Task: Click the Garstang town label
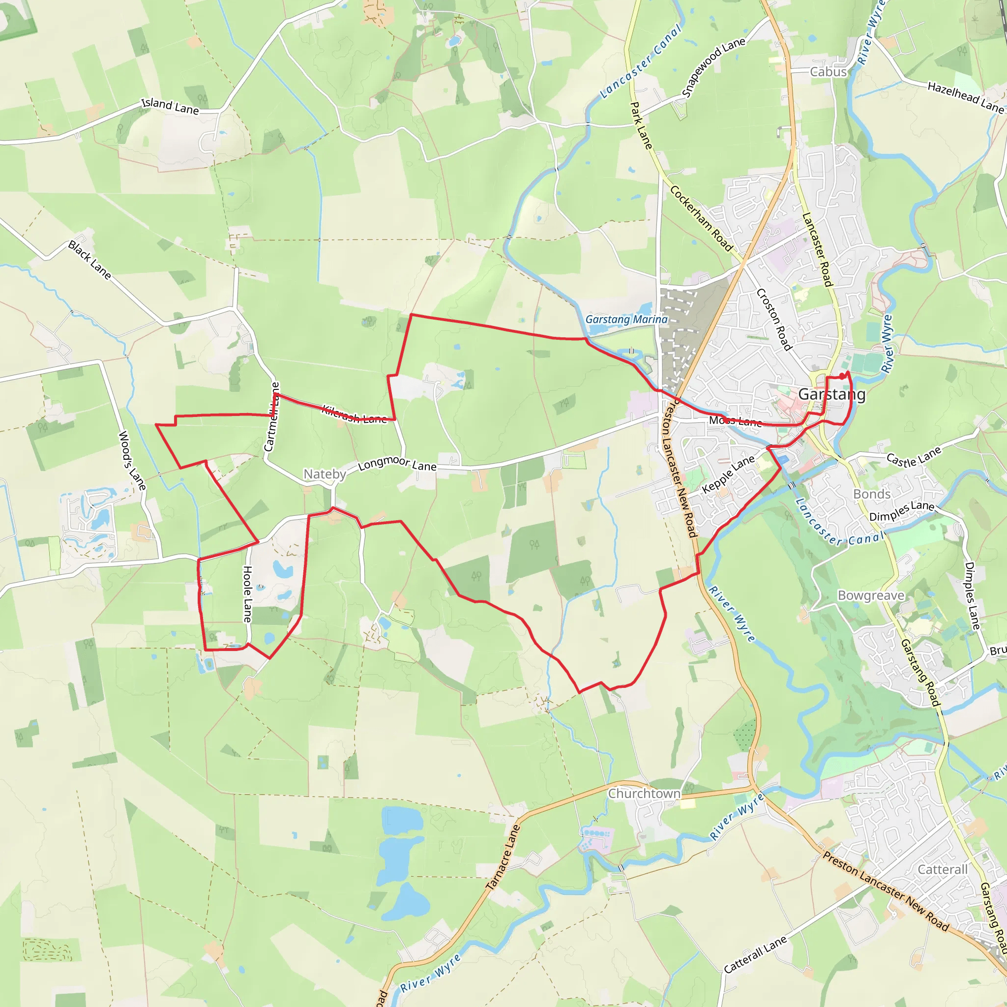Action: [x=831, y=394]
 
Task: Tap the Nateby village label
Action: [x=325, y=474]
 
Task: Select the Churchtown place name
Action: [x=644, y=793]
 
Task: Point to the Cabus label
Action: [x=828, y=72]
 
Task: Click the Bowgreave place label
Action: [x=871, y=595]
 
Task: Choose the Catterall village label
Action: [x=943, y=869]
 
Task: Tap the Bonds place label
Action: [x=871, y=494]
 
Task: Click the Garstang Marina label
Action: [x=626, y=320]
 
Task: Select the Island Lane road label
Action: [x=171, y=106]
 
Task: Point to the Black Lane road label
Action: [x=89, y=260]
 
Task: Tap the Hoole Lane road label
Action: [x=248, y=594]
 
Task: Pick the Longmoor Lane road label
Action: [x=397, y=463]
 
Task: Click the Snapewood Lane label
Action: [x=713, y=68]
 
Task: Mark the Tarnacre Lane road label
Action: [x=503, y=858]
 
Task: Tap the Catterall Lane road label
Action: [x=755, y=954]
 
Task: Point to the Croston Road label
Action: [x=774, y=319]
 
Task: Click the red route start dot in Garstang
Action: [x=842, y=376]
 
